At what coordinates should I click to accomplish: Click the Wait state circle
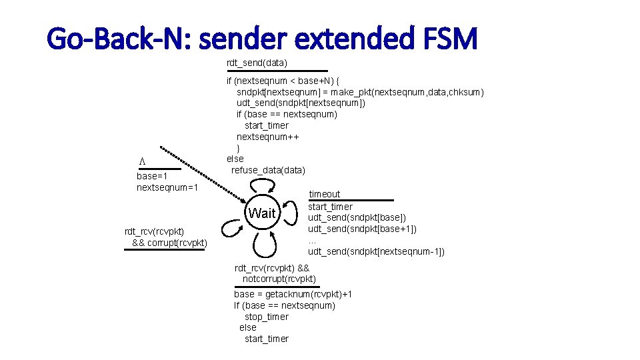(261, 213)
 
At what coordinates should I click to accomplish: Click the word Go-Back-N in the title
(112, 39)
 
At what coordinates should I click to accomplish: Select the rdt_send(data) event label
(257, 63)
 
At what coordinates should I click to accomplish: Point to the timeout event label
(324, 194)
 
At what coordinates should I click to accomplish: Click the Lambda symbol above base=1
(141, 161)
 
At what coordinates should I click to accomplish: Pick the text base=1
(152, 177)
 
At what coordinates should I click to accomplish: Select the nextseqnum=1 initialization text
(167, 188)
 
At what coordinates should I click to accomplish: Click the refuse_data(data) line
(268, 170)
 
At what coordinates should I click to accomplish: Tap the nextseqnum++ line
(267, 137)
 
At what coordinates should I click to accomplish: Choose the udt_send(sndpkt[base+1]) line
(362, 229)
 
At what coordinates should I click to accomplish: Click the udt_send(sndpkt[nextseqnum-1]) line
(376, 251)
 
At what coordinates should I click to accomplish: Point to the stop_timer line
(267, 317)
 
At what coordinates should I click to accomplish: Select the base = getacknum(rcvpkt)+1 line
(293, 294)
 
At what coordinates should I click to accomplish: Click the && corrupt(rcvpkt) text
(170, 242)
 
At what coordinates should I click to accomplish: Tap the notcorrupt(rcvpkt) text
(279, 279)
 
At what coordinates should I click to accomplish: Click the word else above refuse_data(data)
(235, 159)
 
